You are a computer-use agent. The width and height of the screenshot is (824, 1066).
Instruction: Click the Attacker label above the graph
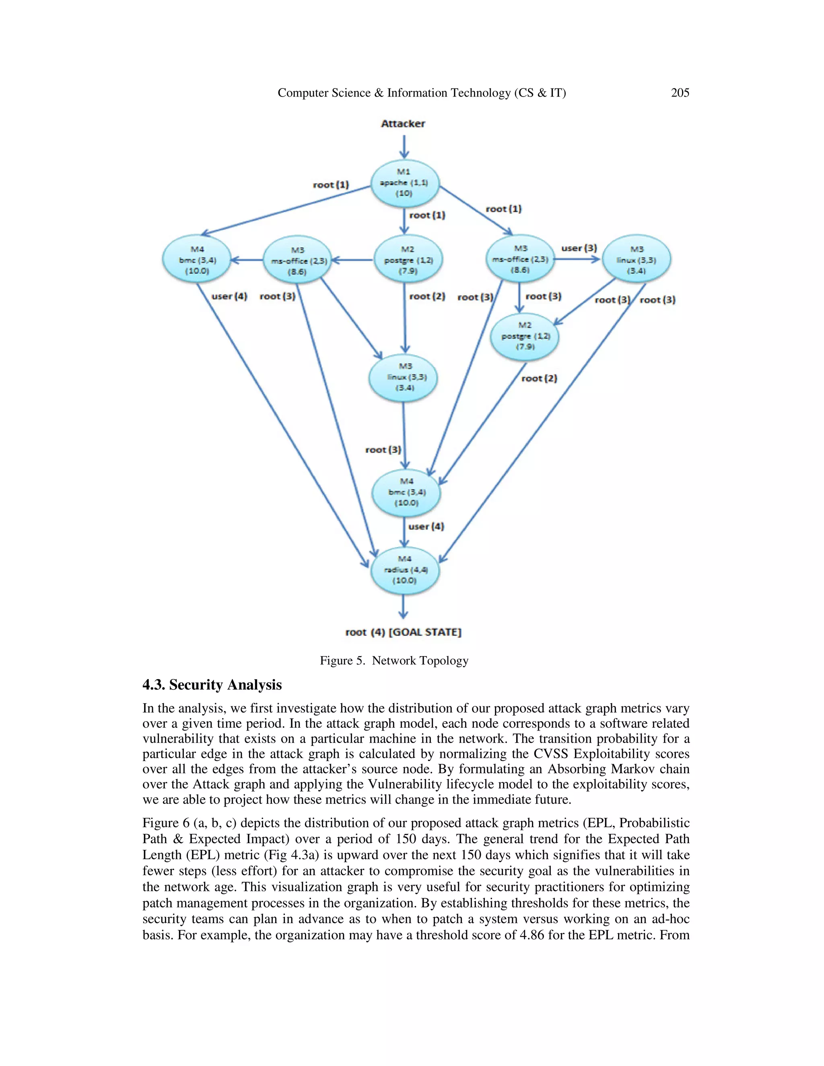(x=403, y=123)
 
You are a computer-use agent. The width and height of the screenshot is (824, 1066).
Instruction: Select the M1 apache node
(x=405, y=183)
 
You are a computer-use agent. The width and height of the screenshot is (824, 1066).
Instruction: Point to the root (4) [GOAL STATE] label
(x=403, y=632)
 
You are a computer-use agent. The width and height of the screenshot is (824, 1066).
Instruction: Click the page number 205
(x=680, y=93)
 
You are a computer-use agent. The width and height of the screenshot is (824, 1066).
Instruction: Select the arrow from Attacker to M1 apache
(x=404, y=146)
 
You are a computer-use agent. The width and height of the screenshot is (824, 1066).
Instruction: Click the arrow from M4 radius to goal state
(x=403, y=607)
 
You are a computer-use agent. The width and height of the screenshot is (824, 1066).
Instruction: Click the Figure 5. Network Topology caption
(x=394, y=661)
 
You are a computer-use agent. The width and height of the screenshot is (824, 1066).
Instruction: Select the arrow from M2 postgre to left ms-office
(x=353, y=260)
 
